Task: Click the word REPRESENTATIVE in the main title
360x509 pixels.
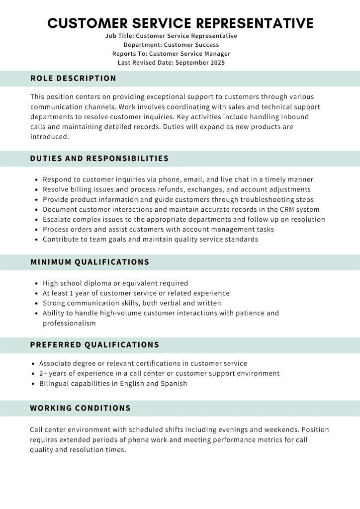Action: [255, 23]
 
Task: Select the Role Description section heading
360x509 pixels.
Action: [73, 79]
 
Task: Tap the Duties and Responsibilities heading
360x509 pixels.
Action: [99, 159]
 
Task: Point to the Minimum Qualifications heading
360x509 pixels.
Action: [90, 262]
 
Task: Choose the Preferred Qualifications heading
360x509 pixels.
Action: [94, 345]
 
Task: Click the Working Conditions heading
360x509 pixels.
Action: [80, 408]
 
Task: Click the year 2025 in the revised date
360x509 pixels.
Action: [215, 63]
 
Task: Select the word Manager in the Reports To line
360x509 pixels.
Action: [216, 54]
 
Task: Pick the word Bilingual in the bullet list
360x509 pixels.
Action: [55, 383]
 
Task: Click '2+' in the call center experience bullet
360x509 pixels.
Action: [43, 373]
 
